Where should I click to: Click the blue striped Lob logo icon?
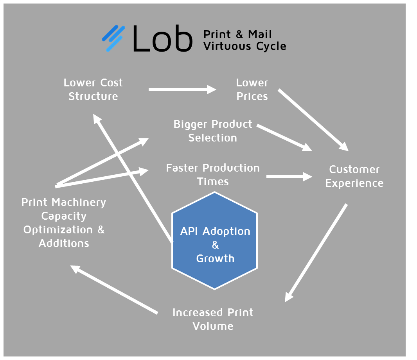pyautogui.click(x=113, y=39)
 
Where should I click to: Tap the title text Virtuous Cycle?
pyautogui.click(x=244, y=46)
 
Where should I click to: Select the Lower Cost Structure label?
pyautogui.click(x=93, y=90)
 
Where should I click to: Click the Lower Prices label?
pyautogui.click(x=252, y=90)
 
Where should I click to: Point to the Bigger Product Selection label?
pyautogui.click(x=212, y=131)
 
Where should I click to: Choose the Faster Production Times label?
pyautogui.click(x=213, y=175)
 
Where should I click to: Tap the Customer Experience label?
pyautogui.click(x=354, y=176)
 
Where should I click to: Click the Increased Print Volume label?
pyautogui.click(x=213, y=319)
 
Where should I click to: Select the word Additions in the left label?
pyautogui.click(x=64, y=243)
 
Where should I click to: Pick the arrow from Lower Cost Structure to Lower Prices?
pyautogui.click(x=182, y=90)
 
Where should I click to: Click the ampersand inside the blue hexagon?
pyautogui.click(x=215, y=245)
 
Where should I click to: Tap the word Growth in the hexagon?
pyautogui.click(x=215, y=258)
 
